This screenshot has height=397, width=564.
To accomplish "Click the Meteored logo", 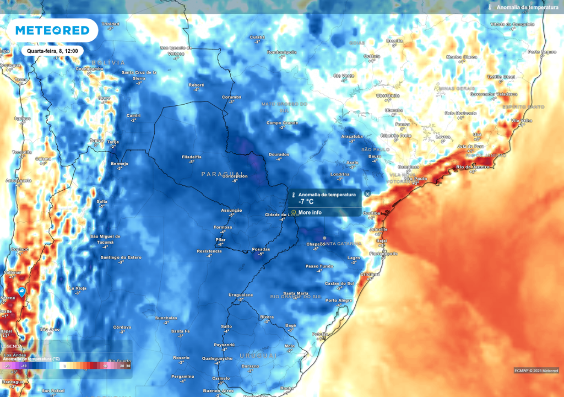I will (x=52, y=30).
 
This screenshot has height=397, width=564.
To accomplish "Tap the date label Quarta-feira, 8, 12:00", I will (x=52, y=51).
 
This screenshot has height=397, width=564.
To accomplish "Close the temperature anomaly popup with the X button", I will (x=367, y=194).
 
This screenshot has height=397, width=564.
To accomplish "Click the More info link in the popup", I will (x=310, y=212).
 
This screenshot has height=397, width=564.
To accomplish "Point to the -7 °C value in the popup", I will (x=306, y=202).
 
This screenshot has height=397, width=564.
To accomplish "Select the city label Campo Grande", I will (x=282, y=122).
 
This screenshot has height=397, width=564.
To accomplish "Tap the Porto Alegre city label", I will (x=339, y=301).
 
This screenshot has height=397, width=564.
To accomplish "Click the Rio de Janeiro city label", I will (x=473, y=167).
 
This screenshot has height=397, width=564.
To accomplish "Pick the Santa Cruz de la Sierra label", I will (x=139, y=75).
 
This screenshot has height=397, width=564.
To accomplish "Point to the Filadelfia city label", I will (x=191, y=157).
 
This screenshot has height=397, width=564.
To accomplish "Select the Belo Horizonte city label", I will (x=460, y=113).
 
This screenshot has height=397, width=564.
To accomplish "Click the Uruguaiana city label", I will (x=241, y=295).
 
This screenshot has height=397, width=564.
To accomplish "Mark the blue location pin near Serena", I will (x=22, y=291).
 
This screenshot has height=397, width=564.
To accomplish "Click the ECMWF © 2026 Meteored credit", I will (x=536, y=371).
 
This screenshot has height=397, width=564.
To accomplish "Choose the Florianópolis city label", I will (x=383, y=254).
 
